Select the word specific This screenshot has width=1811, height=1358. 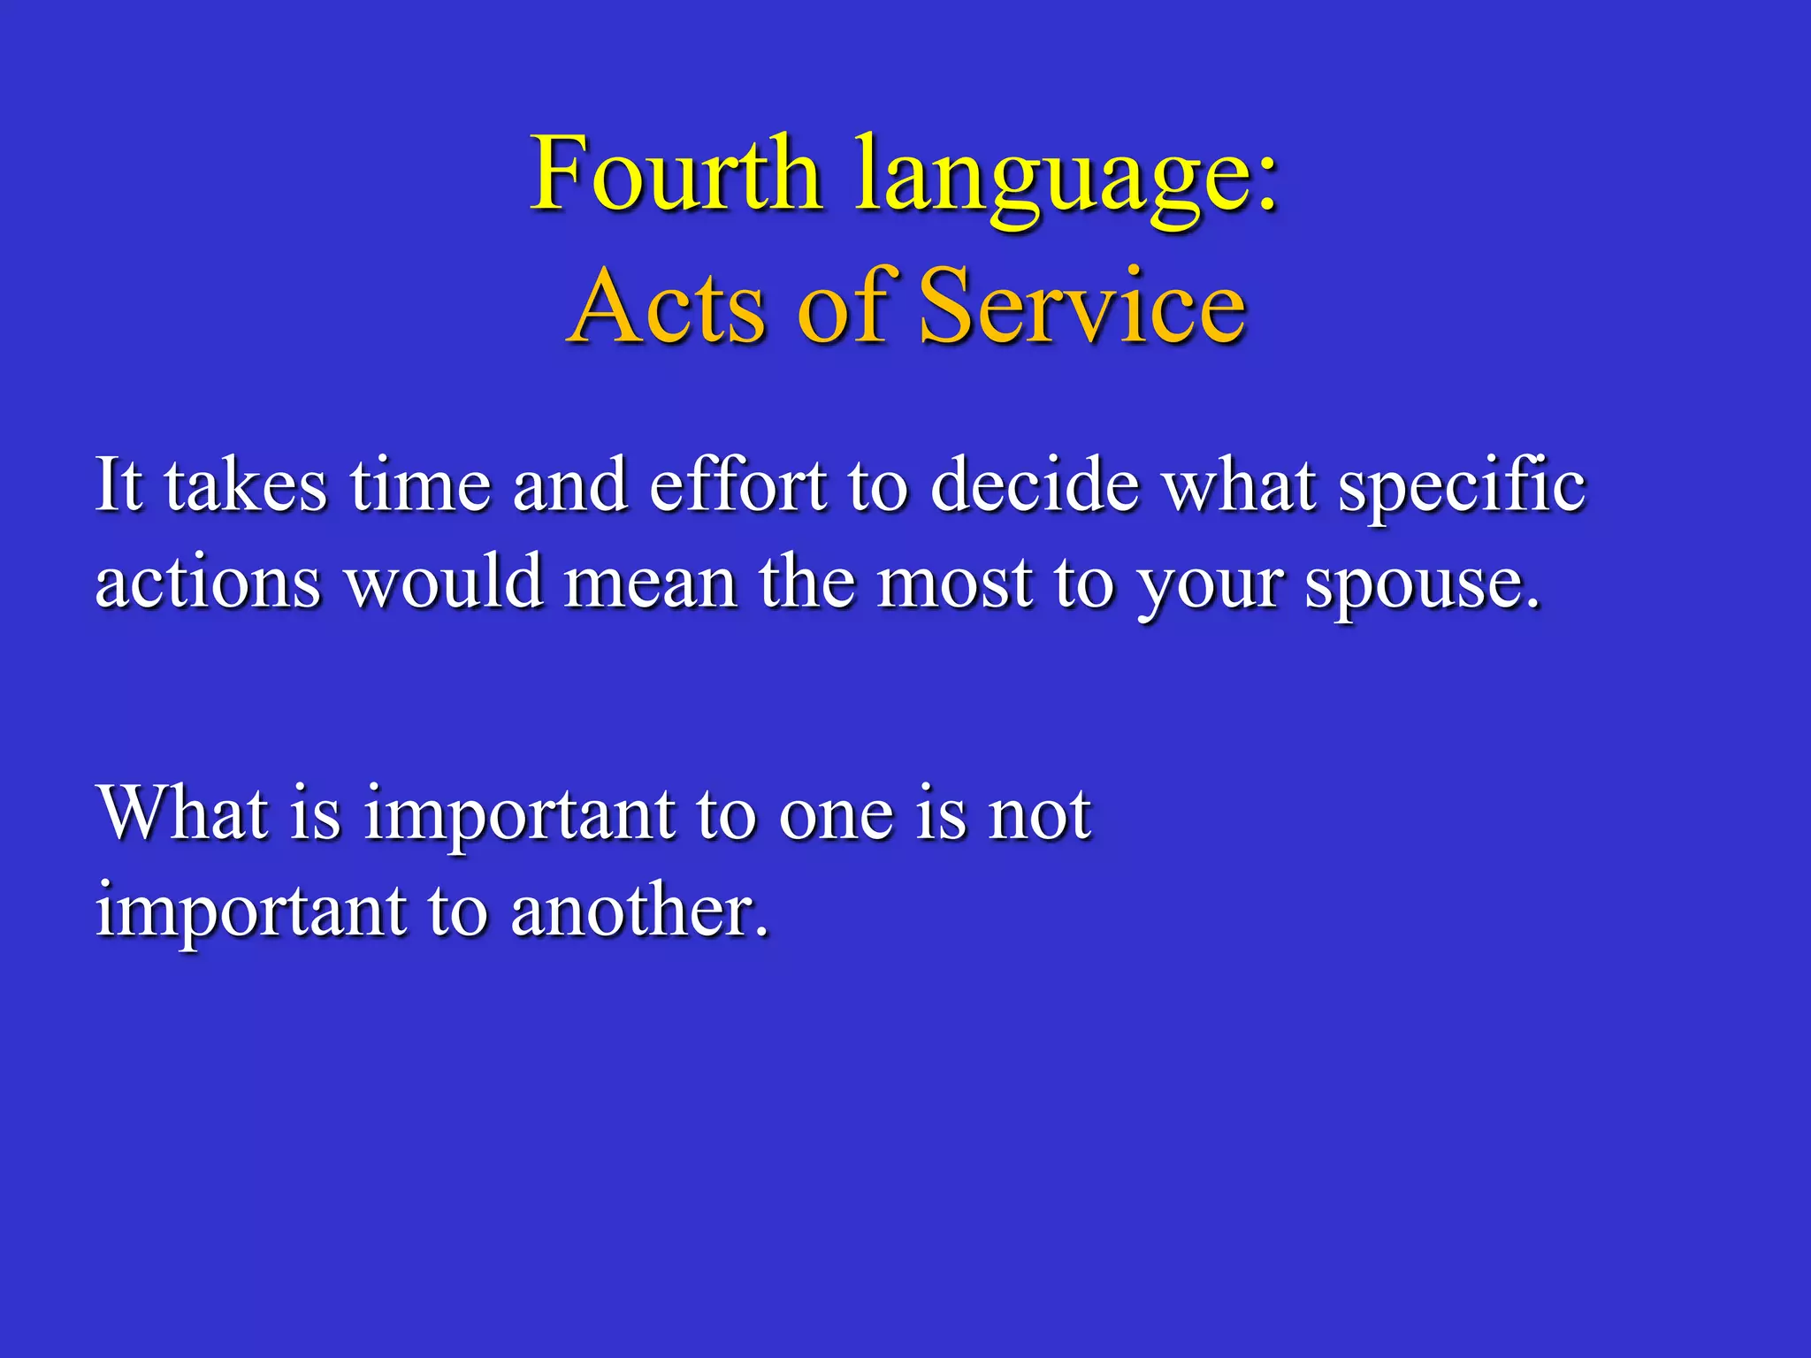point(1462,489)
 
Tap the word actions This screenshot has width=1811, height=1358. point(208,584)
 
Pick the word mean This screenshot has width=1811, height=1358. point(650,584)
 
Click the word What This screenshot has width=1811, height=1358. point(183,813)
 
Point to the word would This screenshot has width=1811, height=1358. point(444,584)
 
